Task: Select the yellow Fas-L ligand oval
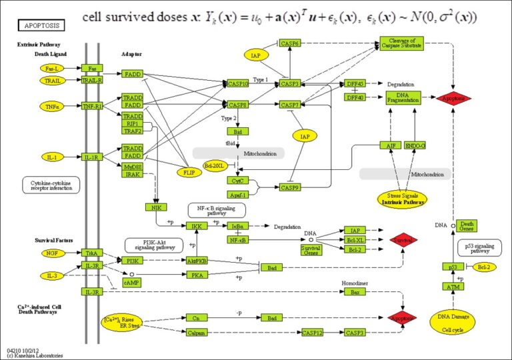click(51, 69)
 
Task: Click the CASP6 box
click(289, 43)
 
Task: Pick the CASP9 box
click(289, 188)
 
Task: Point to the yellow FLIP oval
click(189, 172)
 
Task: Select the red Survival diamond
click(403, 239)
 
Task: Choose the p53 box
click(452, 267)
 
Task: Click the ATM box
click(452, 287)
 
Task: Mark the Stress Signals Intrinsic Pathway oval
click(403, 198)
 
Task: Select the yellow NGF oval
click(51, 253)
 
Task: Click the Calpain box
click(195, 332)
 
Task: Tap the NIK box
click(156, 207)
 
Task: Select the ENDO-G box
click(415, 145)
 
